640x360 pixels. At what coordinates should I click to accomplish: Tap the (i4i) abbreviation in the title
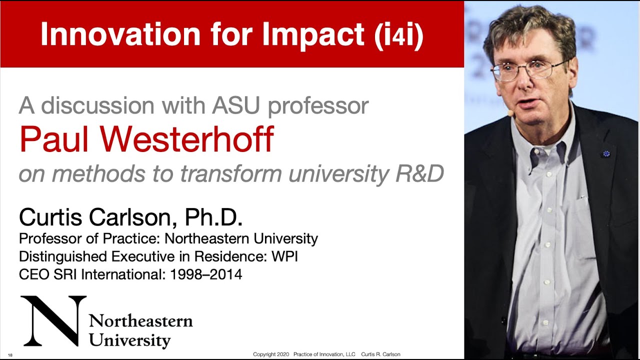coord(398,34)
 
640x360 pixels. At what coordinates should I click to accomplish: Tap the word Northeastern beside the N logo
coord(140,320)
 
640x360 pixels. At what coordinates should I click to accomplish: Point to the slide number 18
coord(10,355)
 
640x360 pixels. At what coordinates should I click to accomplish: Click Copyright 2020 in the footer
coord(271,354)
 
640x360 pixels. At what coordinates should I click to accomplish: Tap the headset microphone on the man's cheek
coord(510,113)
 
